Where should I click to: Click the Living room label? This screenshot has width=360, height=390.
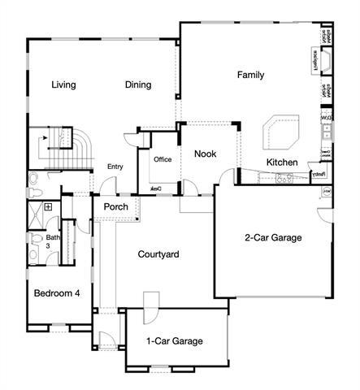[63, 84]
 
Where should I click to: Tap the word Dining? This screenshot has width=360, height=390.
[139, 84]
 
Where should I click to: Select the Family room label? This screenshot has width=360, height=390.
[250, 75]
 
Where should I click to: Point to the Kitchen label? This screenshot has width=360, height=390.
[282, 162]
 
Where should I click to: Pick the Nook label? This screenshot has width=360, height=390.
[205, 153]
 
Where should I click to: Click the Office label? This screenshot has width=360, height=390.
[163, 159]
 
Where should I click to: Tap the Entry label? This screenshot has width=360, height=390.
[115, 167]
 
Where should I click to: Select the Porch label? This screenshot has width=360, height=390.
[115, 207]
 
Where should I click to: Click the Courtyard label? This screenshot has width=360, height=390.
[158, 254]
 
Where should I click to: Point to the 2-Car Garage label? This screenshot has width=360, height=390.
[273, 238]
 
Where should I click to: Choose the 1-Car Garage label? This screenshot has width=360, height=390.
[174, 341]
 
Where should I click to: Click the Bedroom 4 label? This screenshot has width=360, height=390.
[56, 293]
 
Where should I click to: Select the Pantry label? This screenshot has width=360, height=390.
[319, 173]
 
